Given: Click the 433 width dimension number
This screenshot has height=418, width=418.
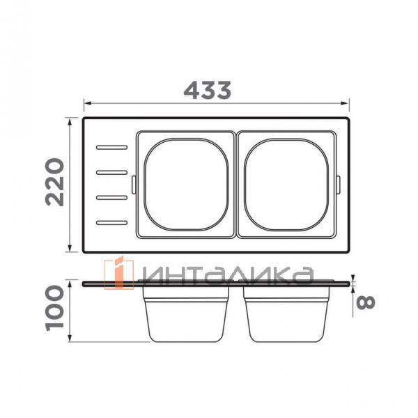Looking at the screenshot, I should coord(207,90).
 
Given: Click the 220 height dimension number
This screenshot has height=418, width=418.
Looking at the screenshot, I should coord(55,183).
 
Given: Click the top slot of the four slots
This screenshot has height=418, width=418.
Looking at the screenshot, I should coord(112,147).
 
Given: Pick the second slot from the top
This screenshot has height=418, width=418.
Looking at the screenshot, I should coord(112,172).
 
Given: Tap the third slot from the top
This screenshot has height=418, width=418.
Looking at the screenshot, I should coord(112,198).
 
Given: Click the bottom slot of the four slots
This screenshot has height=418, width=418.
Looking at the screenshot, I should coord(112,223).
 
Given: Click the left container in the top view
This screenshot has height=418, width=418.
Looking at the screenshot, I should coord(186,185).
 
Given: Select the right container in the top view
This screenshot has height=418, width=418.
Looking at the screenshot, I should coord(286,185).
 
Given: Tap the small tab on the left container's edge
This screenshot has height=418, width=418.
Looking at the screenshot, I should coord(133,184).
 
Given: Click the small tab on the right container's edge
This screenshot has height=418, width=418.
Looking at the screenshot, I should coord(339,184).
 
